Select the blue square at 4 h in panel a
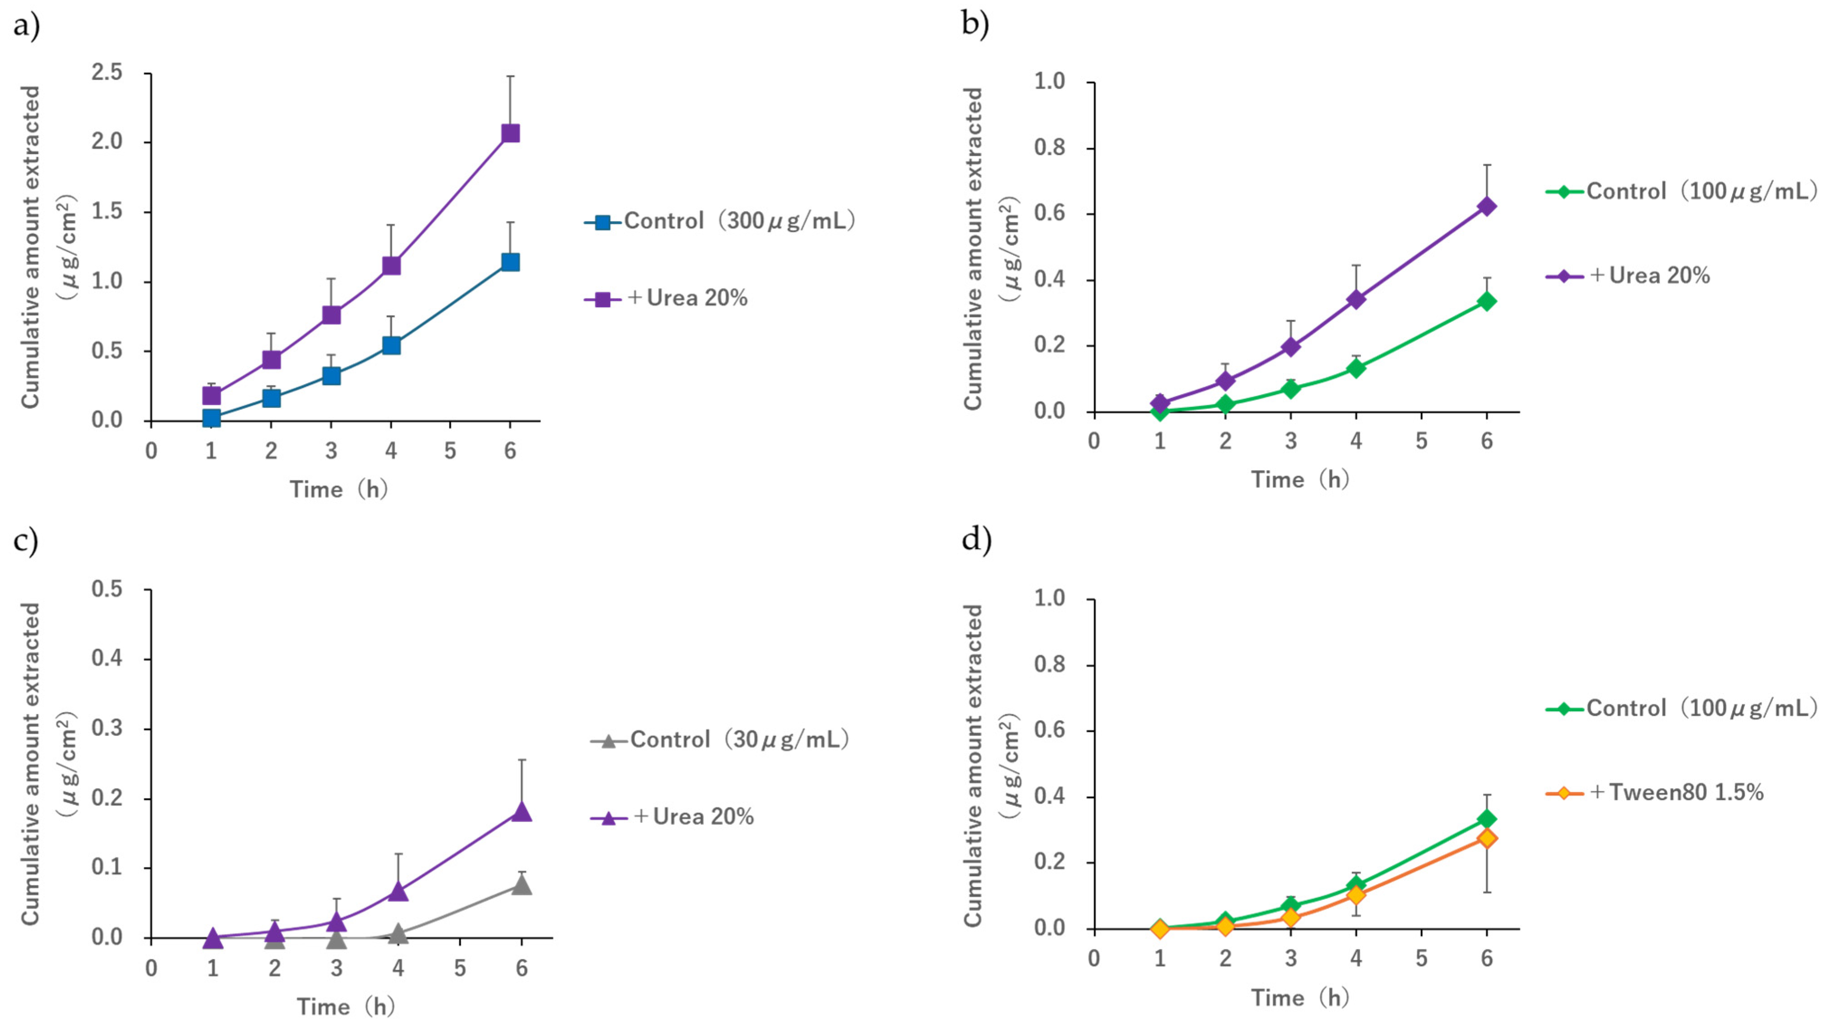(391, 345)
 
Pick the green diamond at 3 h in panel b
(1291, 389)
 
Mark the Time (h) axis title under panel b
(1299, 480)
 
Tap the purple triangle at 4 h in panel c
(398, 891)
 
